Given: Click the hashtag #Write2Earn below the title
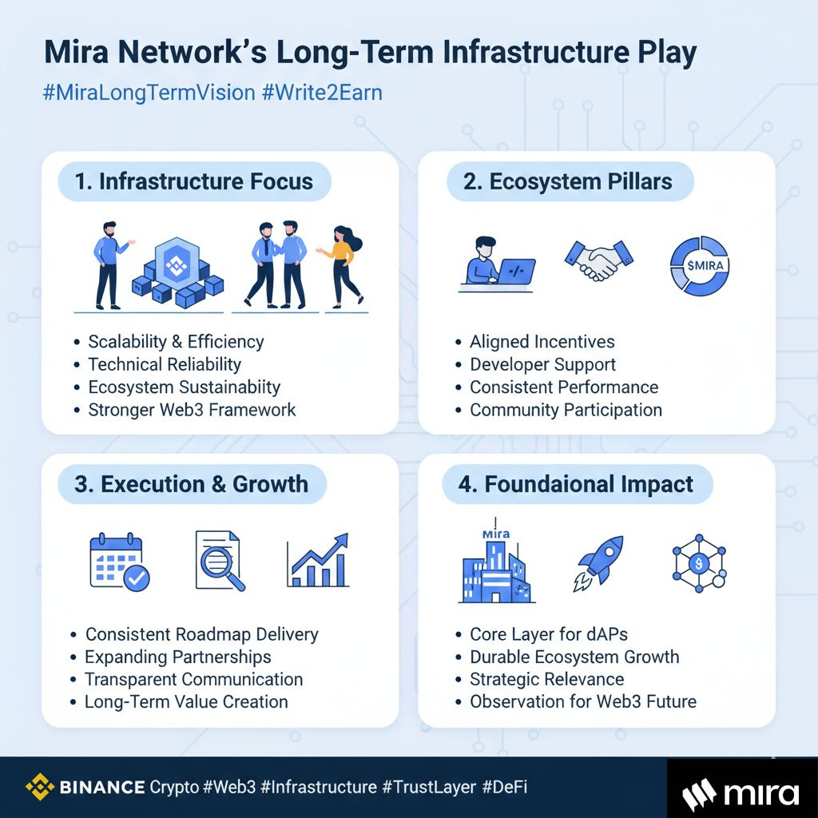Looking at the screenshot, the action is [x=322, y=92].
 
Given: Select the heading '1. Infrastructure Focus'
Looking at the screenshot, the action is [x=194, y=181].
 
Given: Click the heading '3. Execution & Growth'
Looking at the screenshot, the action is [x=193, y=484].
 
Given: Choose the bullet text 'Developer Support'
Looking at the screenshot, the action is [x=542, y=364].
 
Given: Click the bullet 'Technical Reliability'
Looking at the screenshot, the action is [x=165, y=364].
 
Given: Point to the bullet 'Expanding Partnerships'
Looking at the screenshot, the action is [x=177, y=657].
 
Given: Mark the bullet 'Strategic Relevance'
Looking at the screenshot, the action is [x=546, y=679].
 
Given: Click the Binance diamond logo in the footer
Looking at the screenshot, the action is [x=39, y=788].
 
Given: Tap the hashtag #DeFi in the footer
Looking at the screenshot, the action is [x=505, y=788].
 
